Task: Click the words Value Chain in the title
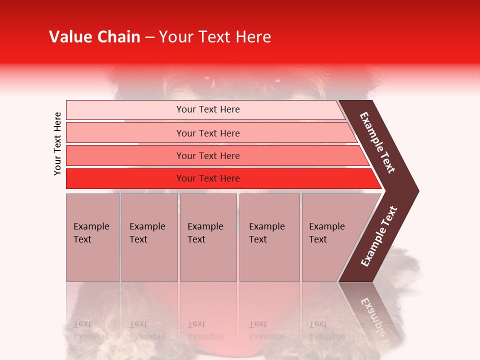click(94, 37)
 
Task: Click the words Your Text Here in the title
click(215, 37)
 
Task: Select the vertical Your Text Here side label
click(57, 143)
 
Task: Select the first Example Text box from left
click(92, 237)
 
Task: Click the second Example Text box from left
click(149, 237)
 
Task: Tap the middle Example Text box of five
click(208, 237)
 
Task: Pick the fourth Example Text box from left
click(269, 237)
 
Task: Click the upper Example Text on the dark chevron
click(377, 142)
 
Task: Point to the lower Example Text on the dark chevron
click(378, 236)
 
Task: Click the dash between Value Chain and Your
click(149, 37)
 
